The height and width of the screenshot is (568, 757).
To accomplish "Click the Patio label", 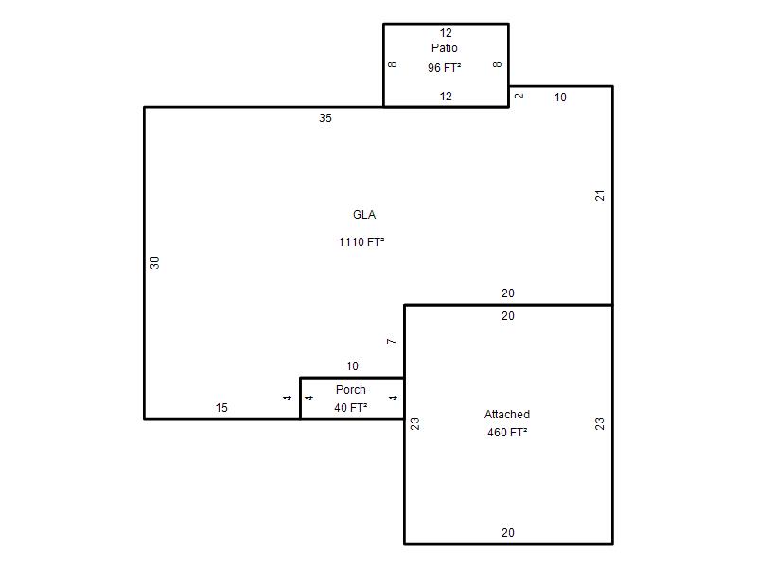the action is click(444, 48).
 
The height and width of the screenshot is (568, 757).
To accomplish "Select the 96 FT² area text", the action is click(444, 67).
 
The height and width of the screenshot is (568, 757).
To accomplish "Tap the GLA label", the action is click(364, 215).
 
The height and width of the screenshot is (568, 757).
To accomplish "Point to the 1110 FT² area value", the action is click(361, 241).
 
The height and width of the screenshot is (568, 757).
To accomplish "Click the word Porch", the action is click(350, 389).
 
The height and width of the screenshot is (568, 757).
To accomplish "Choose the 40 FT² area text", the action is click(350, 408).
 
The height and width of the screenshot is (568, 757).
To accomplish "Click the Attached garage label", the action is click(507, 414).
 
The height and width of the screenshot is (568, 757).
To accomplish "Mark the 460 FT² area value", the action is click(507, 432).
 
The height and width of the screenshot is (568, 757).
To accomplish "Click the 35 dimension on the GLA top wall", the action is click(325, 117).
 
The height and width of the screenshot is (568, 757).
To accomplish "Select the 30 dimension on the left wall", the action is click(154, 263).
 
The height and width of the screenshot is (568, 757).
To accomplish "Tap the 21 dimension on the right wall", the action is click(600, 196).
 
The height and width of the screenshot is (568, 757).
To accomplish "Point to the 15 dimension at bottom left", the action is click(221, 408).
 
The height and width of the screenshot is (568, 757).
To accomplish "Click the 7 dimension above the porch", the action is click(391, 341).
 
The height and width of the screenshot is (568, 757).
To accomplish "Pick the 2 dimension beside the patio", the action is click(519, 96).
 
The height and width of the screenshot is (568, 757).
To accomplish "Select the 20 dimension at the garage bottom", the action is click(507, 532).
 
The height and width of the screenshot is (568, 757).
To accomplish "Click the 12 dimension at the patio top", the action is click(446, 33).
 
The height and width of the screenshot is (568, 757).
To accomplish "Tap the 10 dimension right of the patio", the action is click(560, 98).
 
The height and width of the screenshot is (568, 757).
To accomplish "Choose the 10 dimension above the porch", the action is click(352, 365).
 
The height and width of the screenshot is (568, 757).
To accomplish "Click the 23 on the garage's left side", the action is click(414, 423).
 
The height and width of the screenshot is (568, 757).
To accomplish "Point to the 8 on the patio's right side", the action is click(498, 64).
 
